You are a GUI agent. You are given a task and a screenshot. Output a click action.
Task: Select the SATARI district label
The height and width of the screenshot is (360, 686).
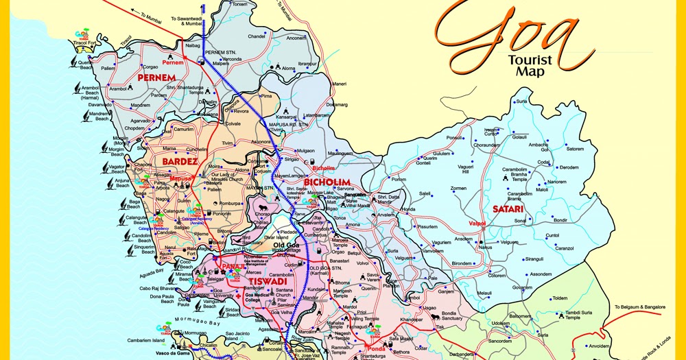pyautogui.click(x=508, y=208)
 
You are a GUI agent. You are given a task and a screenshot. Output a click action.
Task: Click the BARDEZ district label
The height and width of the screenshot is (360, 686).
pyautogui.click(x=180, y=162)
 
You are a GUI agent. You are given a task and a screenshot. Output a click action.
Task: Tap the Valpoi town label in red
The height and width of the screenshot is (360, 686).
pyautogui.click(x=477, y=224)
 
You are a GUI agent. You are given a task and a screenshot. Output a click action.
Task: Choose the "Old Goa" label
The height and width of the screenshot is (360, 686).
pyautogui.click(x=287, y=245)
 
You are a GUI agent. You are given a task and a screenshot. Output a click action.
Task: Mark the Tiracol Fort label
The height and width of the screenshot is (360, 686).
pyautogui.click(x=86, y=43)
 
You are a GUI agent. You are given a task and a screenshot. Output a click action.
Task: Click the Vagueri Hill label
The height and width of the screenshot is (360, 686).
pyautogui.click(x=466, y=169)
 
